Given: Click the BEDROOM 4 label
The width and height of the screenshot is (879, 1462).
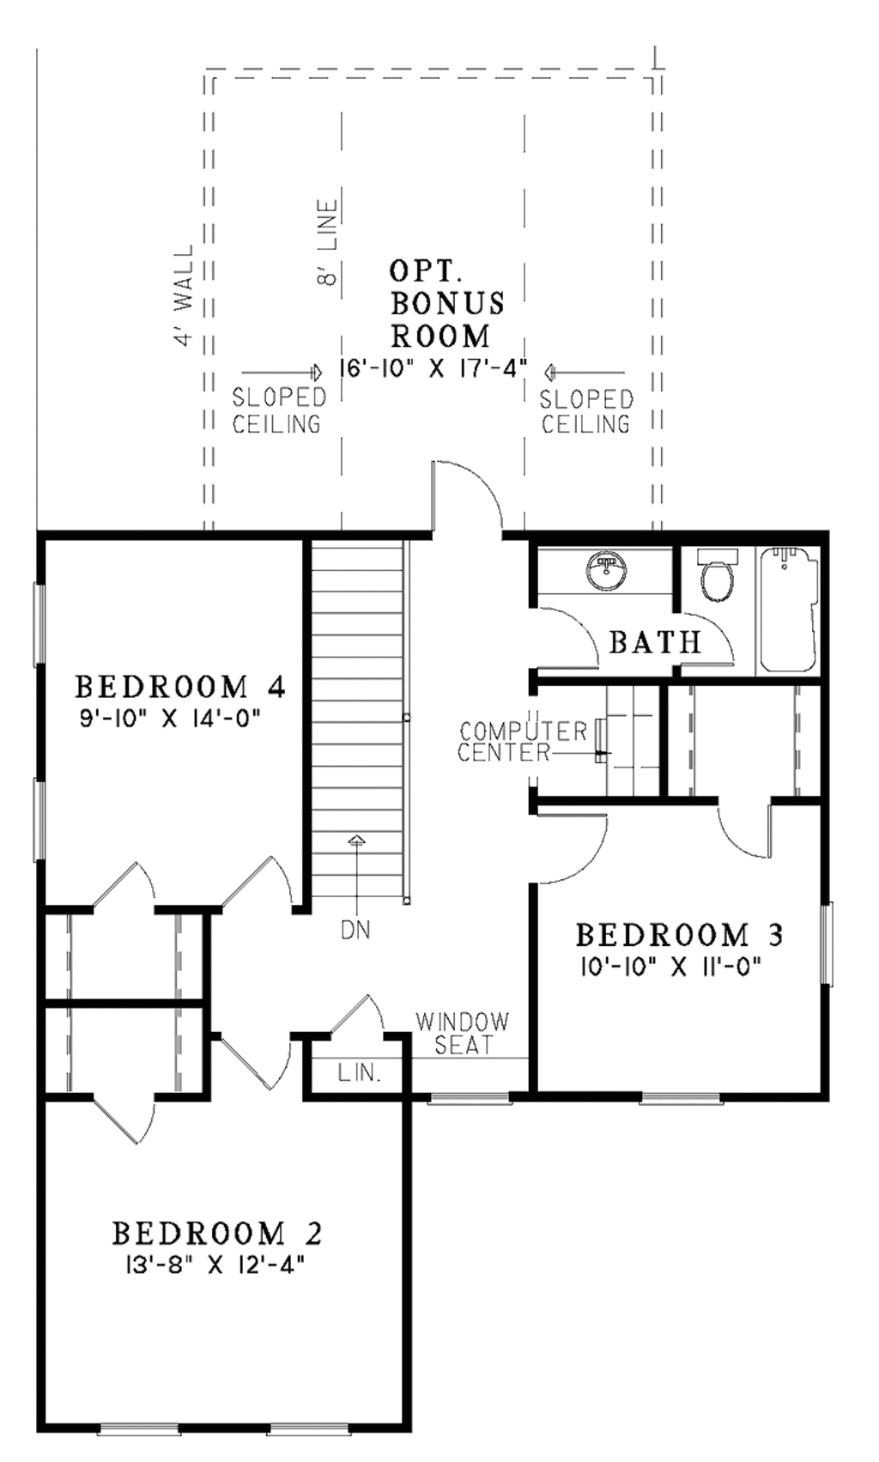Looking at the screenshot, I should point(179,687).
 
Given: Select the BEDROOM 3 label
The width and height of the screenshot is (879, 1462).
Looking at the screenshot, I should point(679,934).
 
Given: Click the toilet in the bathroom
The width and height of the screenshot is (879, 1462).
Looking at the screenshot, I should point(716,578).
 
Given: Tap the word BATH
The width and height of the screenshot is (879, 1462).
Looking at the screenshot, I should point(655,641).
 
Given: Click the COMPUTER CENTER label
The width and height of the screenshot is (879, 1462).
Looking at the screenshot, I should point(522,742).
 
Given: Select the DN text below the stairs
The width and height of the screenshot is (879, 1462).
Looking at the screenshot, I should point(356,930).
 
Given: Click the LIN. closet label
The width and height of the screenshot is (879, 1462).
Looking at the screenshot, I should point(359,1072).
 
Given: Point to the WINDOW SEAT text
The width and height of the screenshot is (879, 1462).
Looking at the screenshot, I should point(463,1033).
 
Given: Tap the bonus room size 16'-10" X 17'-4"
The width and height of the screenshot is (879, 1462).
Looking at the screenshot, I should point(433,370).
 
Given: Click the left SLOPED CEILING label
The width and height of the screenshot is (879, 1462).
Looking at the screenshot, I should point(279,410).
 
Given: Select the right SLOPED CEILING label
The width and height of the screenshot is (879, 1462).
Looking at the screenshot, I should point(586,410).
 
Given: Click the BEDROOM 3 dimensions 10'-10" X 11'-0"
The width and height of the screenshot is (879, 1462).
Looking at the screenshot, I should point(671,967).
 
